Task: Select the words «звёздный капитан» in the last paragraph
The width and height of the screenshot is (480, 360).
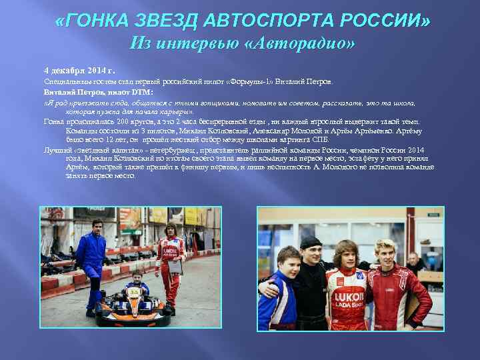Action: point(93,151)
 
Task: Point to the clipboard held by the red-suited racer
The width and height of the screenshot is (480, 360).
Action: point(175,266)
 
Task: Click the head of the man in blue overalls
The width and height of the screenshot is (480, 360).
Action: point(97,227)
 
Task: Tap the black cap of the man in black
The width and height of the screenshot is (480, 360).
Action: point(310,241)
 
